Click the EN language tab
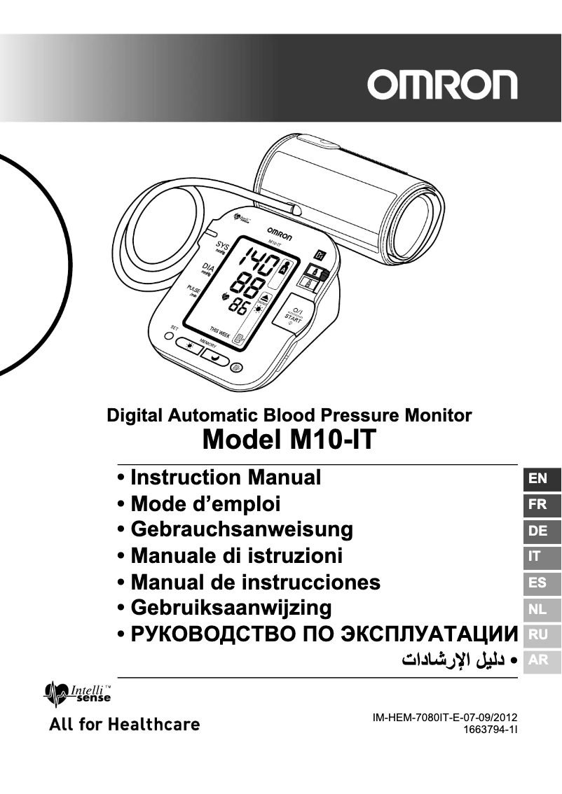tap(538, 479)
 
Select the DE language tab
tap(538, 531)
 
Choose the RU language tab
tap(538, 635)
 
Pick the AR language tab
tap(538, 660)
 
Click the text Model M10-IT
tap(289, 440)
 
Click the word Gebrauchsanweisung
tap(242, 529)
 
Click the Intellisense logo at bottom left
tap(77, 694)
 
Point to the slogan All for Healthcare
tap(124, 724)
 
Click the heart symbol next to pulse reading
tap(225, 297)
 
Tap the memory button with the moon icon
tap(213, 356)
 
